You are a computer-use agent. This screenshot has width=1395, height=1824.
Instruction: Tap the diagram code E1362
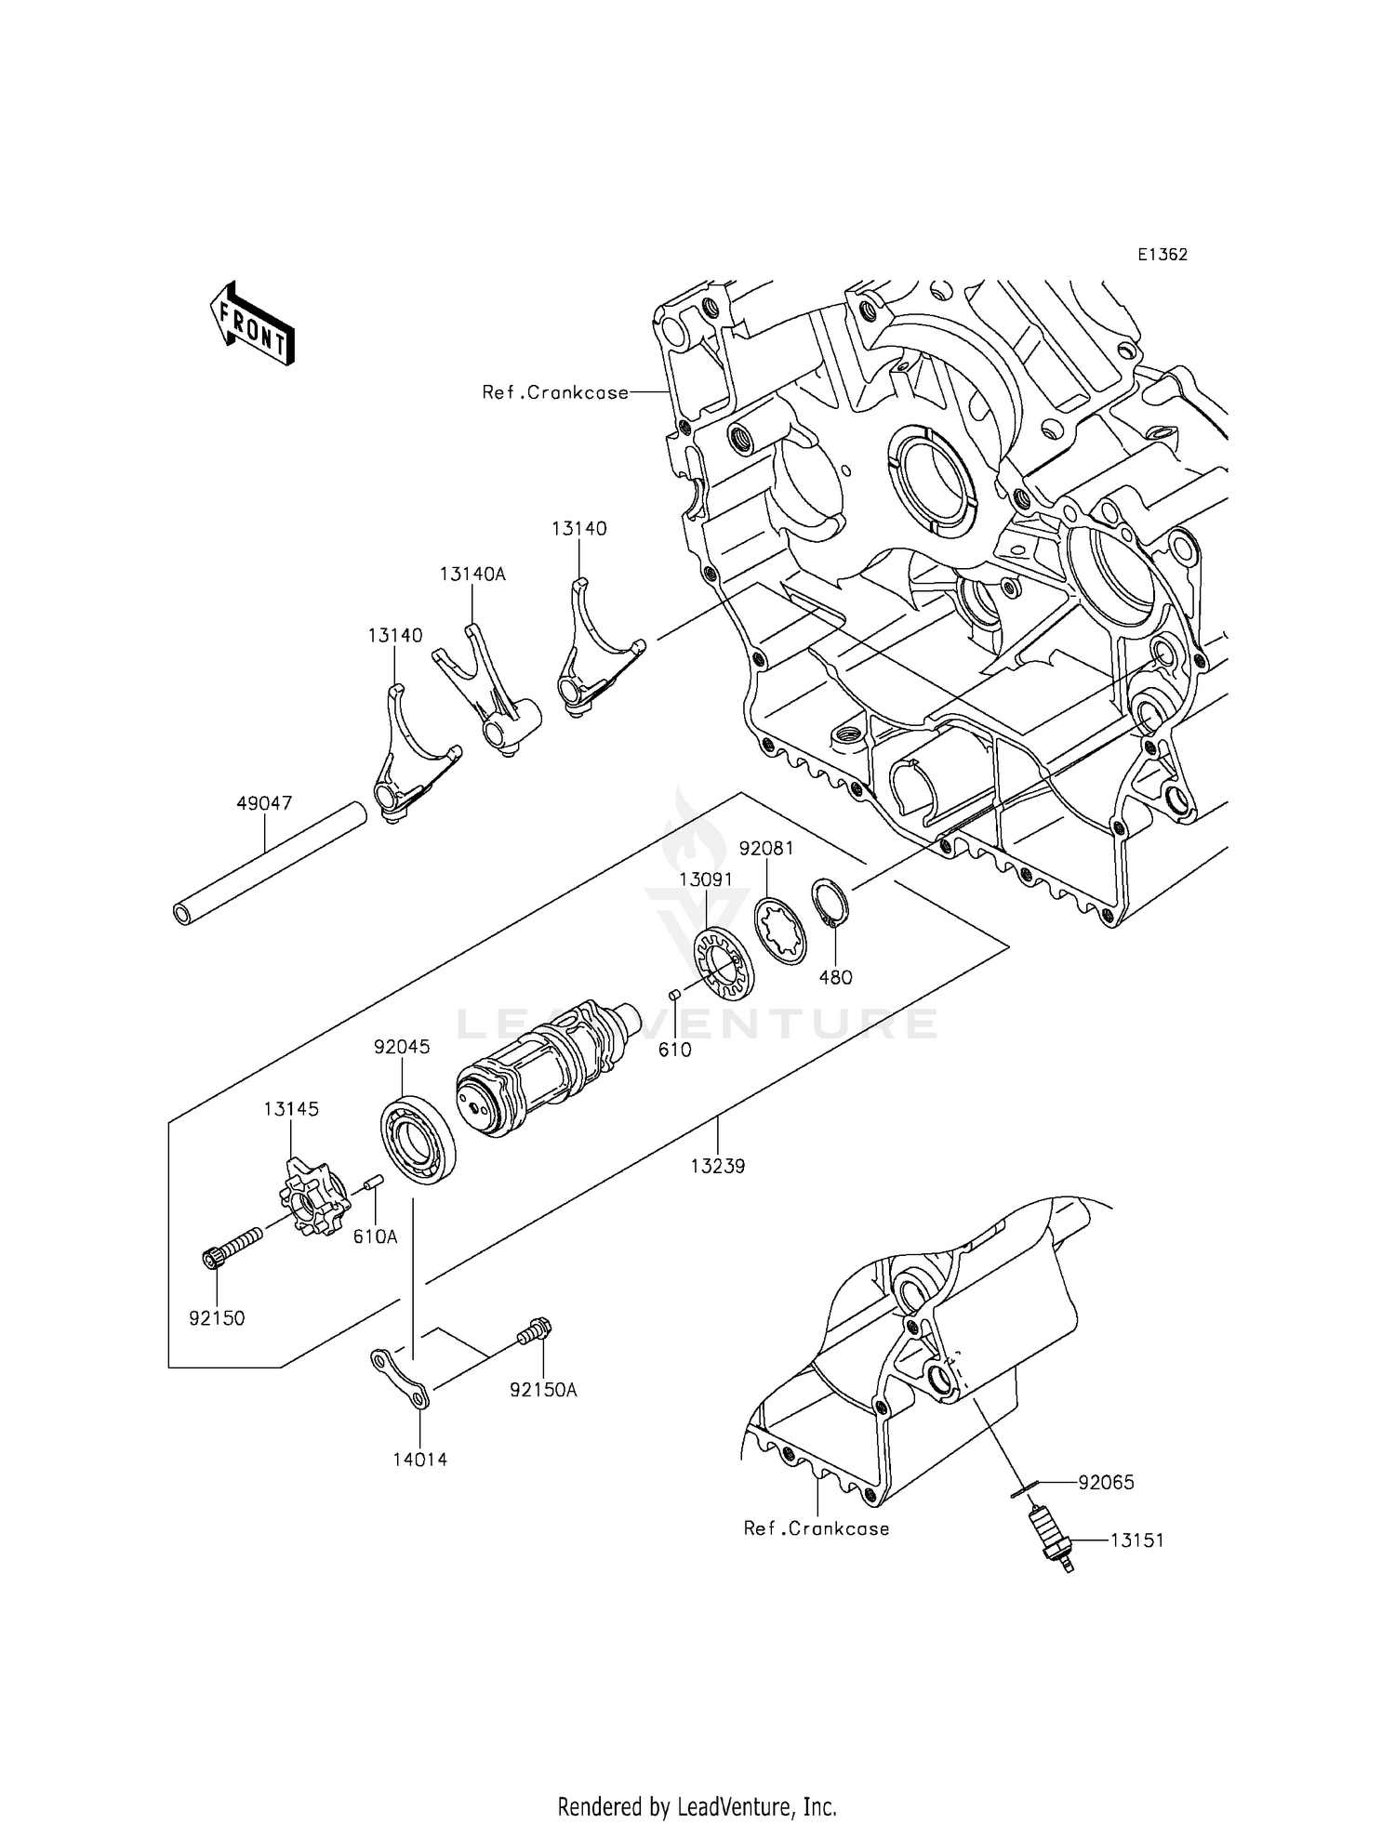1161,255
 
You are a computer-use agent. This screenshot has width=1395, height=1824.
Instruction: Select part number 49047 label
264,803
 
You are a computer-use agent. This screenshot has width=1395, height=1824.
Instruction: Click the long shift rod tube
268,864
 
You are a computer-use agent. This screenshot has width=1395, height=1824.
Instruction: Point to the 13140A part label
472,575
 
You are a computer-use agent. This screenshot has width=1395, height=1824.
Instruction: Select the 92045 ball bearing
418,1140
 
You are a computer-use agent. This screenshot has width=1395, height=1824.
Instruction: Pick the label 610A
375,1236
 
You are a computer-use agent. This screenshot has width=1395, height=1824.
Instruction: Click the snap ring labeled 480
830,902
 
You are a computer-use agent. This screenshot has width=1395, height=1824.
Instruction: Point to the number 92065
1106,1482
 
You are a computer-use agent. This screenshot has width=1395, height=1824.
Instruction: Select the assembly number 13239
717,1166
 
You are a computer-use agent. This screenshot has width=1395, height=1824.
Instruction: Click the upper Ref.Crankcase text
555,392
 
